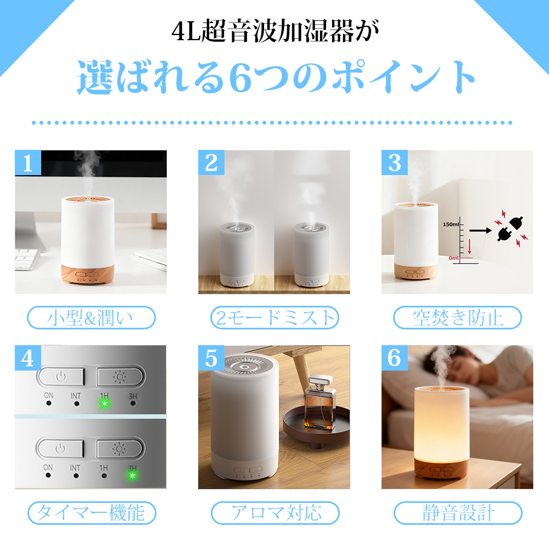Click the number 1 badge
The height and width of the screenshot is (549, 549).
[28, 163]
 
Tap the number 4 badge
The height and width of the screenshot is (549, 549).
[28, 358]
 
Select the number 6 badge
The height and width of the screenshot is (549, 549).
[395, 358]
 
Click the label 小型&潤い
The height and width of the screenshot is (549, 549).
[91, 317]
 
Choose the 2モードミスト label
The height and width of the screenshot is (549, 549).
[274, 317]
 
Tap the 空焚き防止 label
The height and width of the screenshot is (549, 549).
[458, 317]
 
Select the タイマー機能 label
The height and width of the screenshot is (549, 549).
[92, 513]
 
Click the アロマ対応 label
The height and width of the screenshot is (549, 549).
[275, 513]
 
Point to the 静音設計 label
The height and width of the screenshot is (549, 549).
[458, 513]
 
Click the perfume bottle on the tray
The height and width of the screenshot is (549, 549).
[320, 402]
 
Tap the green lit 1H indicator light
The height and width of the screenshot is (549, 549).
[104, 404]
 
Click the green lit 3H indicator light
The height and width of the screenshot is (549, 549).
[132, 475]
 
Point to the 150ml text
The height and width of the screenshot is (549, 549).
[451, 224]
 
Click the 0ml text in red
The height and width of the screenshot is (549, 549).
[454, 258]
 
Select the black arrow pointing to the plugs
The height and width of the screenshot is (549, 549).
[480, 231]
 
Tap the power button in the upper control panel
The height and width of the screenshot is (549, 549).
[61, 377]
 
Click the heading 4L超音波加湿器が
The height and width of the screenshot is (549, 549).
[275, 31]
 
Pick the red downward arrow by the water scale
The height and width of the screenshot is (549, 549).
[469, 247]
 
